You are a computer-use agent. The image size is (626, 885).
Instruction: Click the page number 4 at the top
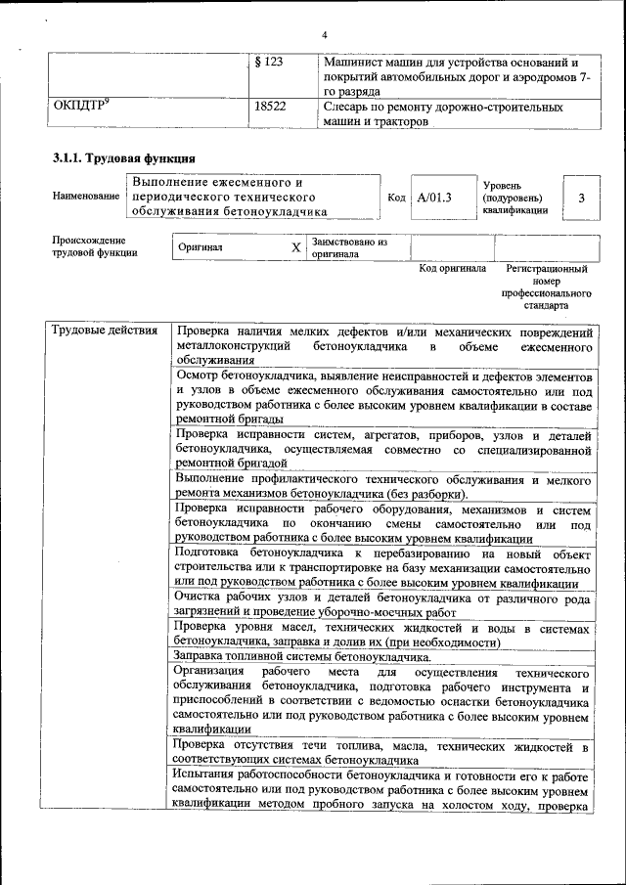tap(324, 35)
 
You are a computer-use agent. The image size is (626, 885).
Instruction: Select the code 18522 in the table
tap(269, 106)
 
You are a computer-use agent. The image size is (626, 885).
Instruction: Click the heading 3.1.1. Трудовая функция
tap(123, 158)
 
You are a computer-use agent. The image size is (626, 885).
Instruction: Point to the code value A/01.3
tap(435, 199)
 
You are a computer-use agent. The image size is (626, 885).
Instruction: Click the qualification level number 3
tap(581, 199)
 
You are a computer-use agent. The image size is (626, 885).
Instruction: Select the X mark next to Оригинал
tap(295, 248)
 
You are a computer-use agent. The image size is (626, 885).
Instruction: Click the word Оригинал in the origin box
tap(201, 248)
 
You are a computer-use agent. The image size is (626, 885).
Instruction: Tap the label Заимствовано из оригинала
tap(349, 247)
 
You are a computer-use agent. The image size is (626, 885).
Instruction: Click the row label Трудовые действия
tap(104, 331)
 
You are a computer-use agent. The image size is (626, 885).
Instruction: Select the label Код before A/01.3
tap(396, 199)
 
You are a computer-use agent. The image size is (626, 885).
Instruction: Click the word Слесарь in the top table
tap(349, 106)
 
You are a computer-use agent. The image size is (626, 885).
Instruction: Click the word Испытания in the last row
tap(208, 775)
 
